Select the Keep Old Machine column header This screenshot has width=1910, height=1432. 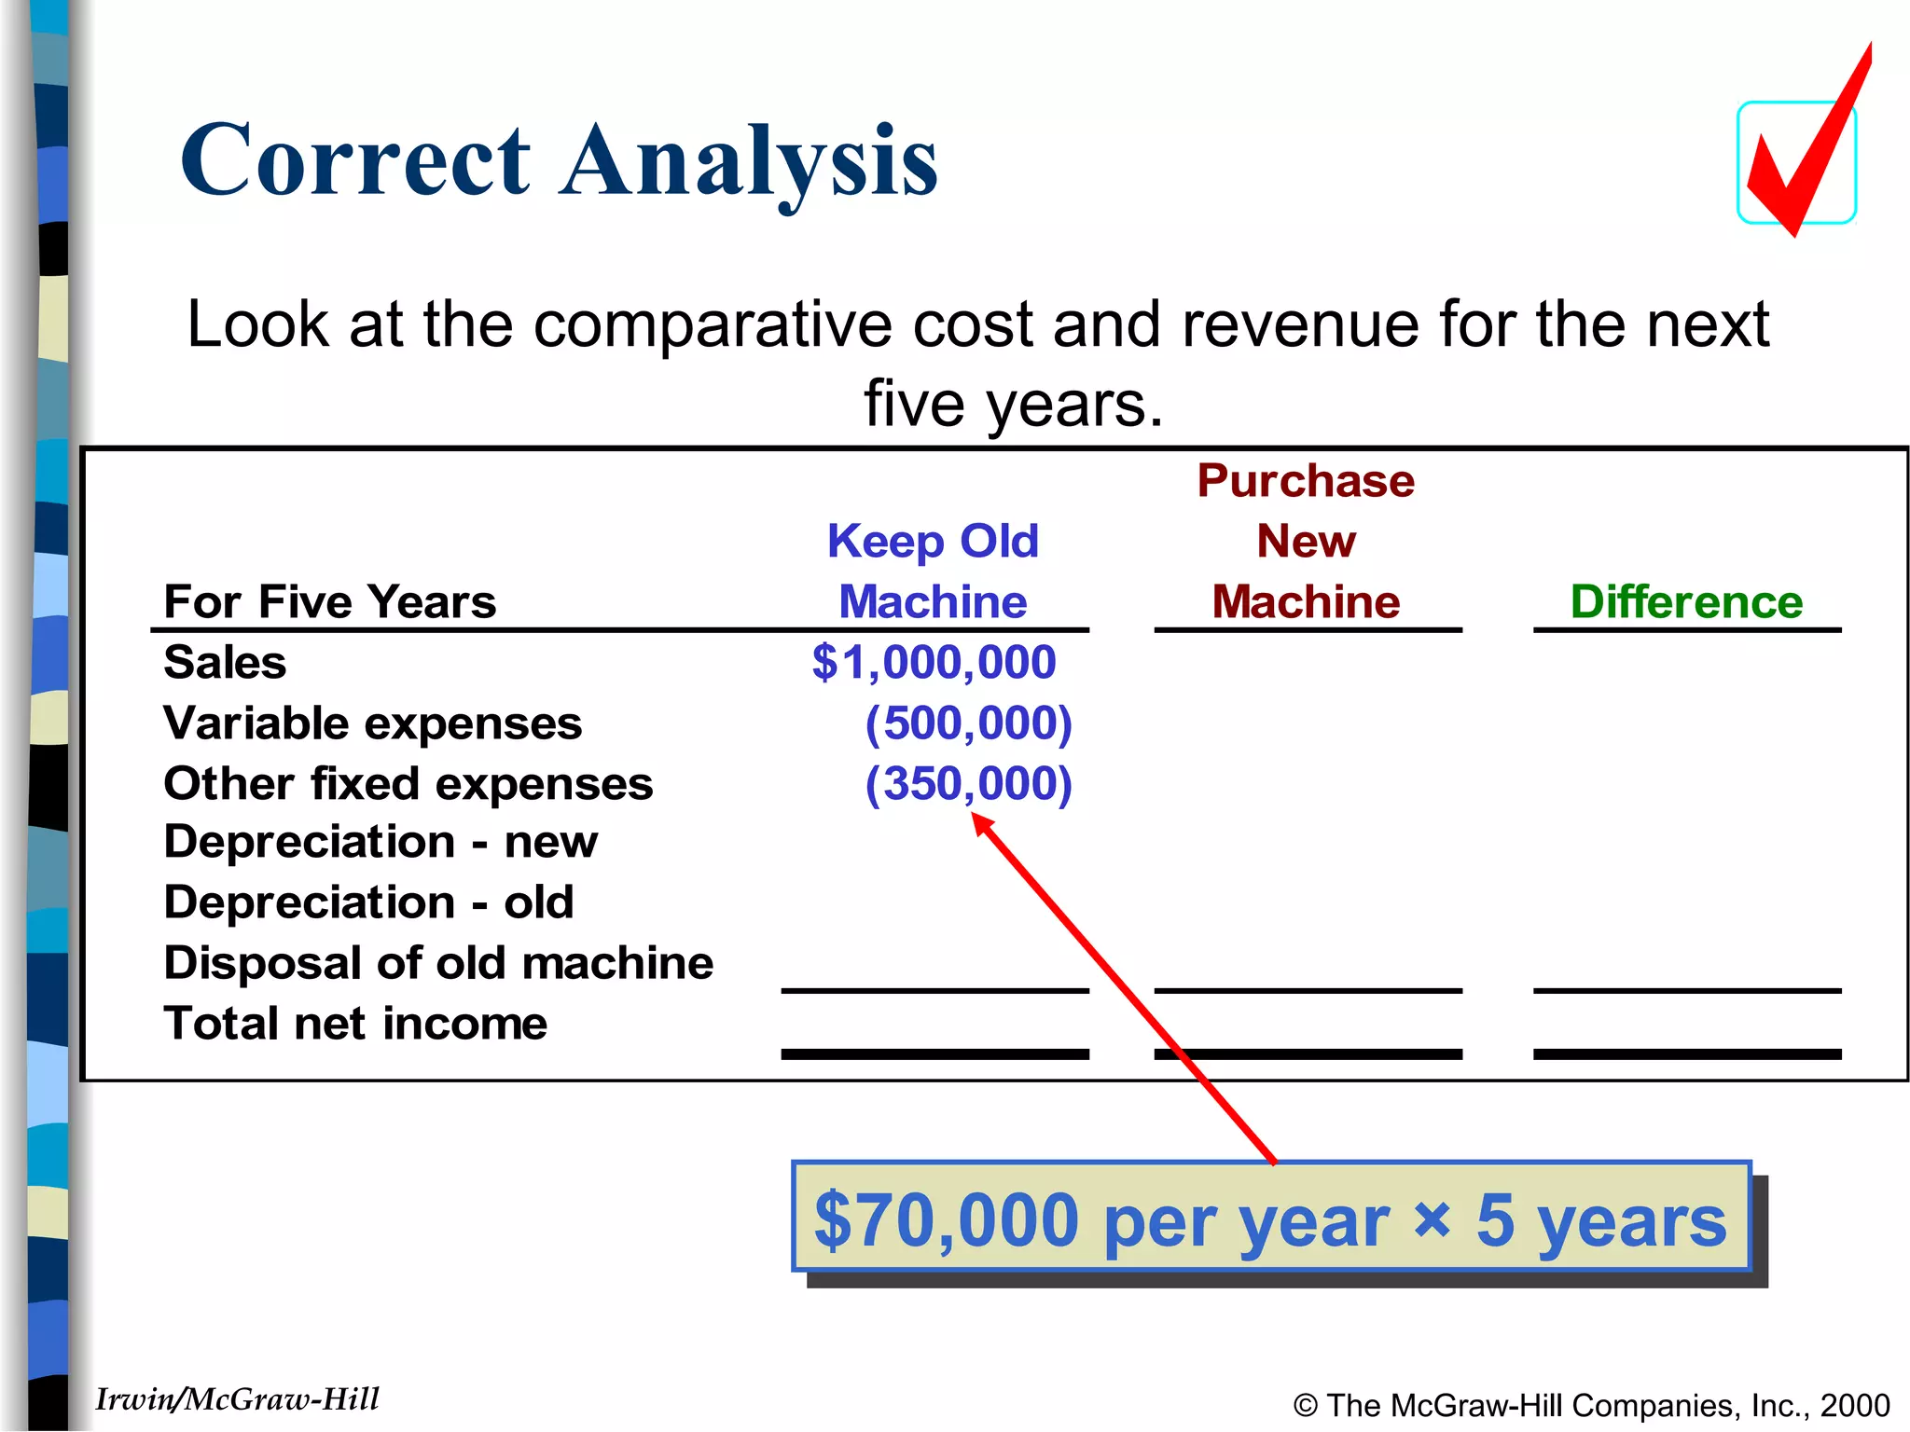[x=933, y=571]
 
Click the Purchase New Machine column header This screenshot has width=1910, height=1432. [x=1306, y=541]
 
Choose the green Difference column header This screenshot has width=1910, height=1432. [x=1686, y=602]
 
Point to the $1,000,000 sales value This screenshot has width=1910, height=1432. [x=934, y=663]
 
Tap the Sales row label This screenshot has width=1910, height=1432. [x=225, y=663]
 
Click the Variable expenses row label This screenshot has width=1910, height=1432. [x=372, y=723]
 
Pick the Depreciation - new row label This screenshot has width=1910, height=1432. [x=381, y=842]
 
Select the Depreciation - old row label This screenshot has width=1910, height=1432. [x=368, y=902]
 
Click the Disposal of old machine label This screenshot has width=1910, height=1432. [x=438, y=963]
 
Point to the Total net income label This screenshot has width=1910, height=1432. [x=355, y=1024]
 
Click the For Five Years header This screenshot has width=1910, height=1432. [x=329, y=602]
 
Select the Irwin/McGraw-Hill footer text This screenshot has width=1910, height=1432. [x=238, y=1399]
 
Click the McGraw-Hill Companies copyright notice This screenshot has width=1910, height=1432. [x=1591, y=1405]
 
